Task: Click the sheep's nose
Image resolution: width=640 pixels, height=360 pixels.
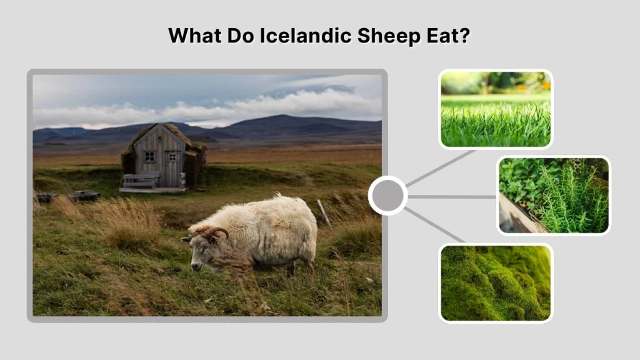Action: (x=196, y=267)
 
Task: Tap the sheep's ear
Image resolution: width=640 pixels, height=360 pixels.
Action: (x=187, y=239)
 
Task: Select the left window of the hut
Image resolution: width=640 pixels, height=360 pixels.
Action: (x=149, y=156)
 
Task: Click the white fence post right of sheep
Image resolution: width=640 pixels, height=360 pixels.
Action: (x=324, y=212)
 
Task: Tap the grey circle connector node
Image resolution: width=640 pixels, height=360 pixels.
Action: (x=387, y=196)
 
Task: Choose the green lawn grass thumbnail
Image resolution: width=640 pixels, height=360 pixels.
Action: (x=496, y=109)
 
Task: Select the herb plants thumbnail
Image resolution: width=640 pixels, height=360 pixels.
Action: (x=554, y=195)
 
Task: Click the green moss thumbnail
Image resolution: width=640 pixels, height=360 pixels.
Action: (x=496, y=282)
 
